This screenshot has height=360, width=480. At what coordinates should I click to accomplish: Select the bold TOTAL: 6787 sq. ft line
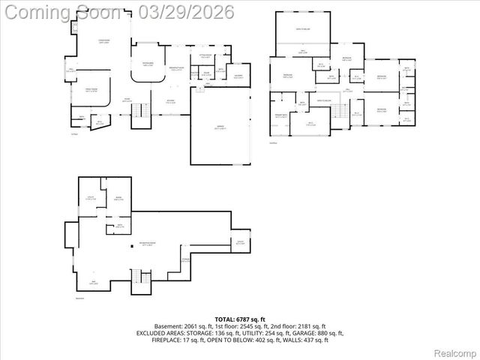(240, 319)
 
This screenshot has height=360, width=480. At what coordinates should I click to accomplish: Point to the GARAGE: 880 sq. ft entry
(320, 333)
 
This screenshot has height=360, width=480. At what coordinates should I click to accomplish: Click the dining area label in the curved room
(148, 64)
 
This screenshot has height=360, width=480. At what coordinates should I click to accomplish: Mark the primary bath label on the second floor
(281, 116)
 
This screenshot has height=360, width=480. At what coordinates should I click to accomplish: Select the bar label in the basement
(93, 283)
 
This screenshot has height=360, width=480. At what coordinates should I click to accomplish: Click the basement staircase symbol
(140, 283)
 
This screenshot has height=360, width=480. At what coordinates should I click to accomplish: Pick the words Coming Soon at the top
(61, 13)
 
